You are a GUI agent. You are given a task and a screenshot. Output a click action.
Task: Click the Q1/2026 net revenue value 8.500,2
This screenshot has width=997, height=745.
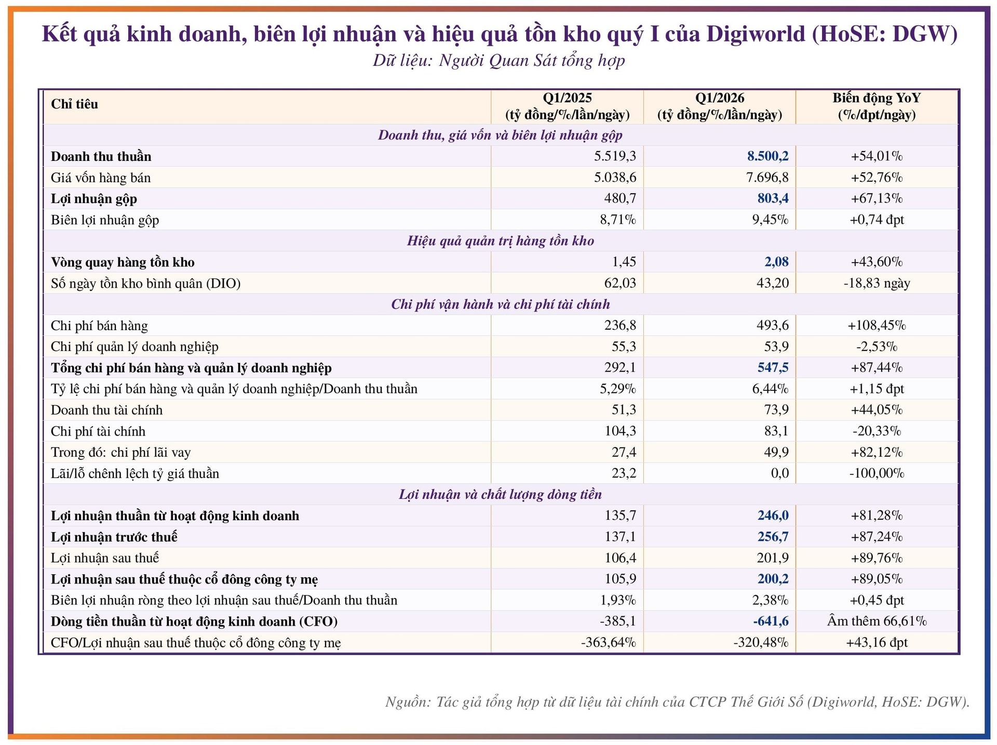(767, 156)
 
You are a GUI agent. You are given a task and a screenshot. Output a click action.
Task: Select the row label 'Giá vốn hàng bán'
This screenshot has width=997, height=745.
(101, 178)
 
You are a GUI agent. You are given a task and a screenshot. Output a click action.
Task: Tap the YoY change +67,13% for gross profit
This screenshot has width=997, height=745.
(877, 198)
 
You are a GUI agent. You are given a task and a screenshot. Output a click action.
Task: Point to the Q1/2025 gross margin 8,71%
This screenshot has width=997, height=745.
(618, 220)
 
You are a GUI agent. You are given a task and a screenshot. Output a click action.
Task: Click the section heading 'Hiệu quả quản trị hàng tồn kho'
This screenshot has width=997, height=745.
(501, 241)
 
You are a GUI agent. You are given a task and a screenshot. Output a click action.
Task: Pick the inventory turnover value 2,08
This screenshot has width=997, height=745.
(776, 262)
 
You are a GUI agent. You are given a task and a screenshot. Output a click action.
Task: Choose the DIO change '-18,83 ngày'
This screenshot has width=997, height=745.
(877, 283)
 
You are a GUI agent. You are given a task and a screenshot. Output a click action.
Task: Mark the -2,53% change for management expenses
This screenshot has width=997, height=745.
(877, 346)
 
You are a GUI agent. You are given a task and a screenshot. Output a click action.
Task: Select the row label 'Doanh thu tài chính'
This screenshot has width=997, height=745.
(106, 410)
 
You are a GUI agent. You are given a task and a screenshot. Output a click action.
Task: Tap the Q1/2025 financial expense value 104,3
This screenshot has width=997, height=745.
(621, 431)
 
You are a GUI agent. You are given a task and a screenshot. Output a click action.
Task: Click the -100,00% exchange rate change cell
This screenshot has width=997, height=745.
(877, 473)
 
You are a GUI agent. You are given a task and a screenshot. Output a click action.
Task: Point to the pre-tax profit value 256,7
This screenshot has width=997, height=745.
(773, 537)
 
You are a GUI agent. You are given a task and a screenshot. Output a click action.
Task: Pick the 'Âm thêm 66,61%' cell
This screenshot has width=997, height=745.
(877, 621)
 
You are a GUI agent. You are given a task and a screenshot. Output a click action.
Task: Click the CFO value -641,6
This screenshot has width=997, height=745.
(771, 621)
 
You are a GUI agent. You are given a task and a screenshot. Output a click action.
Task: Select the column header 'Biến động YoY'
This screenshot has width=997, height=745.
(877, 98)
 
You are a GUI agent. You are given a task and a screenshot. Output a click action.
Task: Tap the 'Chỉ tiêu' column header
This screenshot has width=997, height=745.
(74, 104)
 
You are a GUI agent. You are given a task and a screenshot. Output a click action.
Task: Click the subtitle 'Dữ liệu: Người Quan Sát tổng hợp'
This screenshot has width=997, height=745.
(498, 61)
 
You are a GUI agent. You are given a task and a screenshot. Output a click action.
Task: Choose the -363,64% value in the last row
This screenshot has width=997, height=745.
(609, 643)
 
